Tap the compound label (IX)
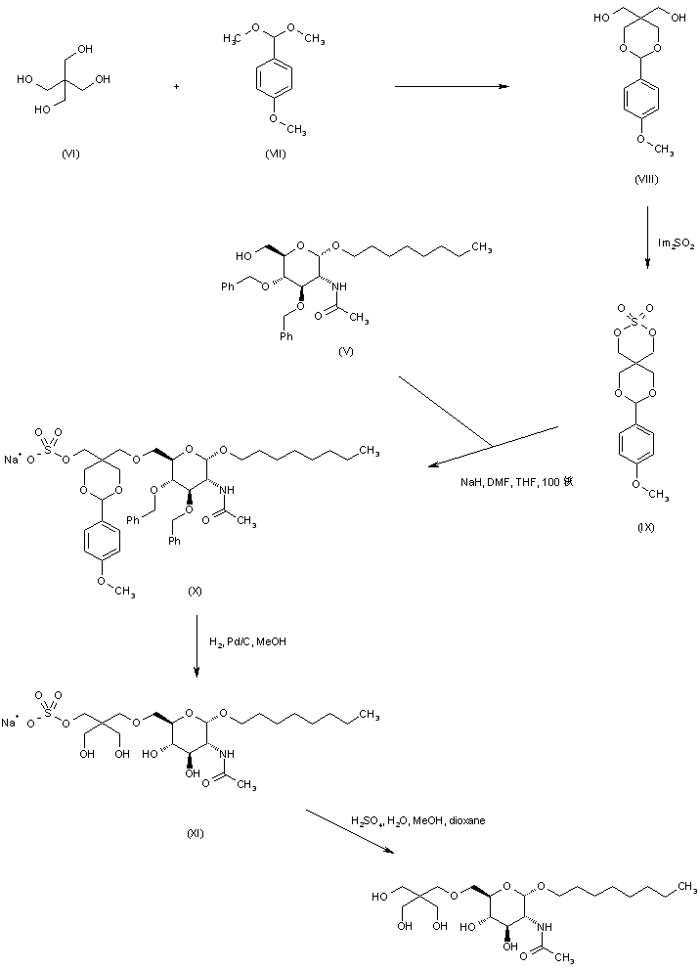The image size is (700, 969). coord(645,528)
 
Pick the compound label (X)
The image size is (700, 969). coord(196,592)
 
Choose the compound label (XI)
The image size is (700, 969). coord(195,832)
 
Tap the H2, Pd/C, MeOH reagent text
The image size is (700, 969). coord(247,642)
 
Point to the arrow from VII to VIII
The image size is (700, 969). coord(452,87)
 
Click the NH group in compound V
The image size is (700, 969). coord(339,286)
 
